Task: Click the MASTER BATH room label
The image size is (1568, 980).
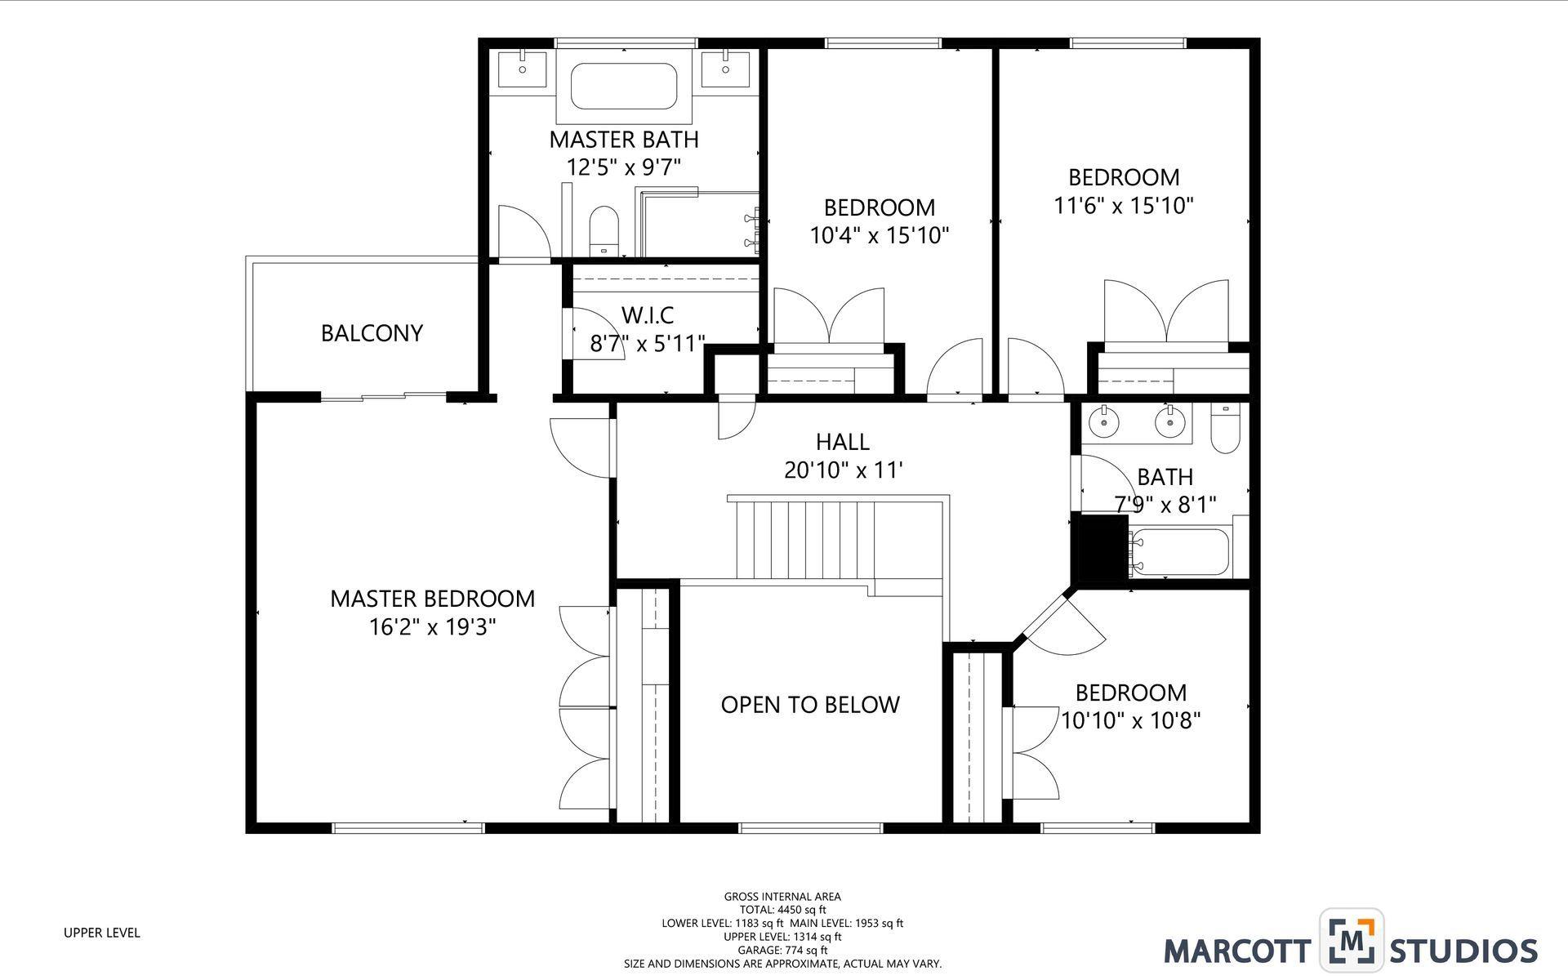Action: point(623,139)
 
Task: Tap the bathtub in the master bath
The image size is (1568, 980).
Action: point(624,86)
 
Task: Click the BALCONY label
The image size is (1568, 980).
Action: point(372,333)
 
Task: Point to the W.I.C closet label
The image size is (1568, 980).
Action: point(648,314)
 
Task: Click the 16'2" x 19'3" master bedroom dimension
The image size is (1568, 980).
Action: point(432,627)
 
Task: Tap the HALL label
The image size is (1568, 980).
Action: point(842,442)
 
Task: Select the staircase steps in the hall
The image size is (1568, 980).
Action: point(804,539)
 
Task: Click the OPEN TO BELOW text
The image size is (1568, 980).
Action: point(810,705)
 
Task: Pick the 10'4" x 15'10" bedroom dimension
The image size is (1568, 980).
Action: point(879,236)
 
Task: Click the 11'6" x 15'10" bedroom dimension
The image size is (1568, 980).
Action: point(1124,205)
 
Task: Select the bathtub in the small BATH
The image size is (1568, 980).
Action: point(1180,553)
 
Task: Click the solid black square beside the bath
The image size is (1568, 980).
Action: point(1103,547)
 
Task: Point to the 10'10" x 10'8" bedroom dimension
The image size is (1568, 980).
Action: point(1130,720)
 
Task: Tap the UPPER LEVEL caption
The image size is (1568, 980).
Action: point(102,933)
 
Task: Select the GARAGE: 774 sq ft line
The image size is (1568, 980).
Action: point(782,950)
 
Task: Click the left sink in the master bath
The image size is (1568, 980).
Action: point(522,68)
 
